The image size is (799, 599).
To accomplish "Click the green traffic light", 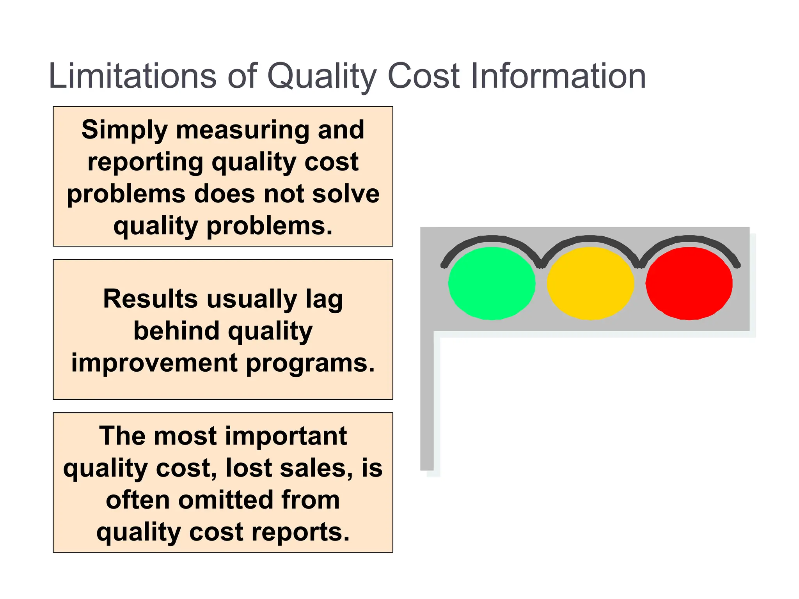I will (492, 284).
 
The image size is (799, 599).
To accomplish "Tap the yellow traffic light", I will (590, 284).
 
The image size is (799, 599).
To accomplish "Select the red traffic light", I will (689, 284).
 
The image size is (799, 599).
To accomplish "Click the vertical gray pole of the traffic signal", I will (427, 402).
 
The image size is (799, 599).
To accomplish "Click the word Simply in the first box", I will (124, 130).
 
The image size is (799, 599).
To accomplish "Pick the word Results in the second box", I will (150, 299).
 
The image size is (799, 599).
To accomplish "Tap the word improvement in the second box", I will (154, 363).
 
